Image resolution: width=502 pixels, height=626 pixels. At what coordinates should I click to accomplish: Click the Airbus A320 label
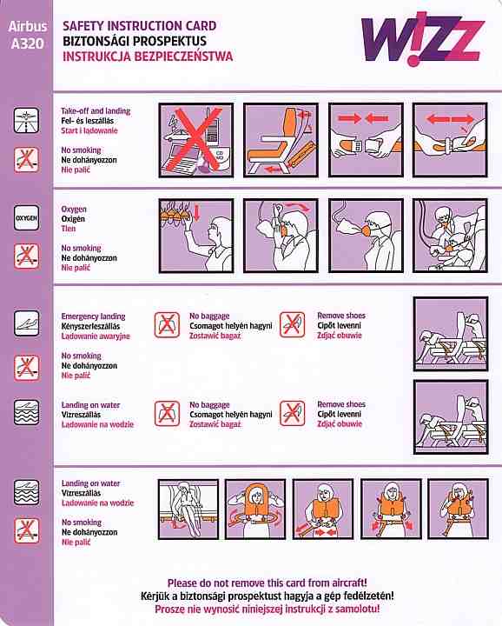click(x=27, y=35)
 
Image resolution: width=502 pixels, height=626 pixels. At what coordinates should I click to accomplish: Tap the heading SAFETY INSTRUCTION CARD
click(x=140, y=26)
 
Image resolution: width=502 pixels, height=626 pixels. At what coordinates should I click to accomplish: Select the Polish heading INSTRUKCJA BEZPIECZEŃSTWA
click(x=148, y=56)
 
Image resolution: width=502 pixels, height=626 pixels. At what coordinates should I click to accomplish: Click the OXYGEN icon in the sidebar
click(x=27, y=218)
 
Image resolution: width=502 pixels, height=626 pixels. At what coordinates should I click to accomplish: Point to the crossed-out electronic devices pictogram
click(x=196, y=140)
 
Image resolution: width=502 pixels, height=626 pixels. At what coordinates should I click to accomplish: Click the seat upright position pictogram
click(x=281, y=140)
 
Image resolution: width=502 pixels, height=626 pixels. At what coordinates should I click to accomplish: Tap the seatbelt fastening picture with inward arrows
click(x=366, y=140)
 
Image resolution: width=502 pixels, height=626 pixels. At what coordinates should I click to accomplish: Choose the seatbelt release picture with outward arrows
click(x=451, y=140)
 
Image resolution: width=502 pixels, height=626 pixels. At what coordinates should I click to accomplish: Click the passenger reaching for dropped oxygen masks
click(x=196, y=236)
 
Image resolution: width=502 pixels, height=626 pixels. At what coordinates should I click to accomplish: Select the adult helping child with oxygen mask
click(x=451, y=236)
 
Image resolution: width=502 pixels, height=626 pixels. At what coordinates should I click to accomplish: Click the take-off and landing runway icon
click(x=27, y=120)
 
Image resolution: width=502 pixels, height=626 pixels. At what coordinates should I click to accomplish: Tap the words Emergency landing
click(x=93, y=316)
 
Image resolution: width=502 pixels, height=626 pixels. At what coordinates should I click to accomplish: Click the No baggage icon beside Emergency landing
click(x=167, y=324)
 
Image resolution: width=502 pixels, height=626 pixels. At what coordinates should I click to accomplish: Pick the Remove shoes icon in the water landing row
click(x=293, y=413)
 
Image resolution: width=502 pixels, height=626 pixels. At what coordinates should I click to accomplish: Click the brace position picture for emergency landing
click(x=451, y=334)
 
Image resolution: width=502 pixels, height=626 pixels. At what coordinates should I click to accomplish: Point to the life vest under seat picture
click(x=188, y=509)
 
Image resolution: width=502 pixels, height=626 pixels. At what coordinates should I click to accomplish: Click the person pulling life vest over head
click(x=255, y=509)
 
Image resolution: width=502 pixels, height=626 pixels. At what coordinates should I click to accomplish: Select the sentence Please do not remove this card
click(x=268, y=583)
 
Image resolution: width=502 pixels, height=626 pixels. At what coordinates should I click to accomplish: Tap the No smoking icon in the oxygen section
click(x=27, y=256)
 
